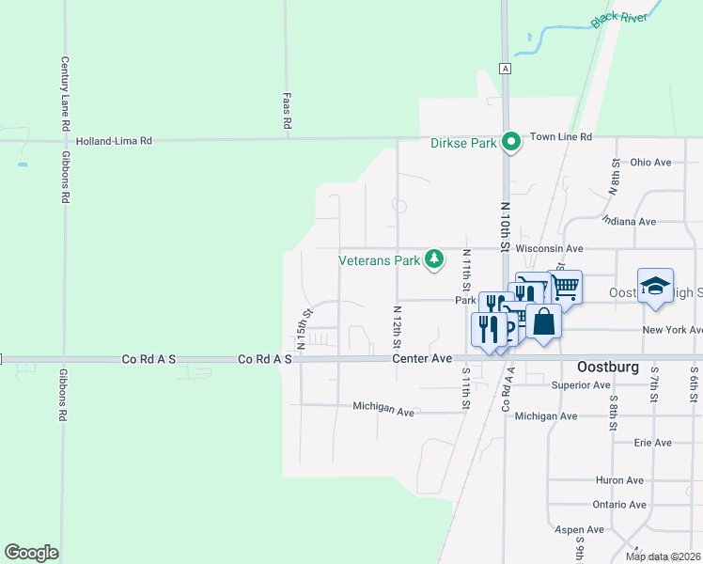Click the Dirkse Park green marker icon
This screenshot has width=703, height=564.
click(x=511, y=143)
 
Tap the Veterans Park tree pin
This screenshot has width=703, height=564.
click(x=433, y=258)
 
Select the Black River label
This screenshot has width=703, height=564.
click(x=619, y=20)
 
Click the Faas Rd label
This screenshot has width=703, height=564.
click(x=288, y=110)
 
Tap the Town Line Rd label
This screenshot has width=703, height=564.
click(x=560, y=136)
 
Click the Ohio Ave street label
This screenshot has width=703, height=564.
click(x=650, y=162)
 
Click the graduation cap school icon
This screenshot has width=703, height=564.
click(x=655, y=286)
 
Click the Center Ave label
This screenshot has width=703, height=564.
click(x=423, y=359)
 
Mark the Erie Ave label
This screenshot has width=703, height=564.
click(x=652, y=442)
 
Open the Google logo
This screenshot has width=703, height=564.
click(x=31, y=553)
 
